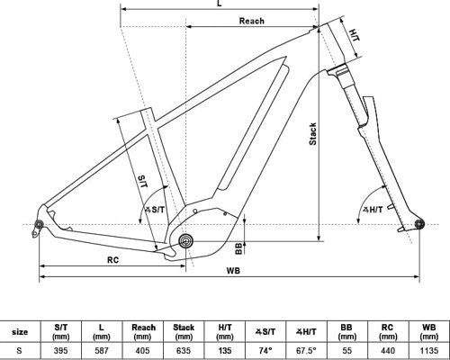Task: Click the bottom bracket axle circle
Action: point(186,240)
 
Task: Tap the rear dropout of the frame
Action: point(40,224)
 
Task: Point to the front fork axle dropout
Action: point(417,223)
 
